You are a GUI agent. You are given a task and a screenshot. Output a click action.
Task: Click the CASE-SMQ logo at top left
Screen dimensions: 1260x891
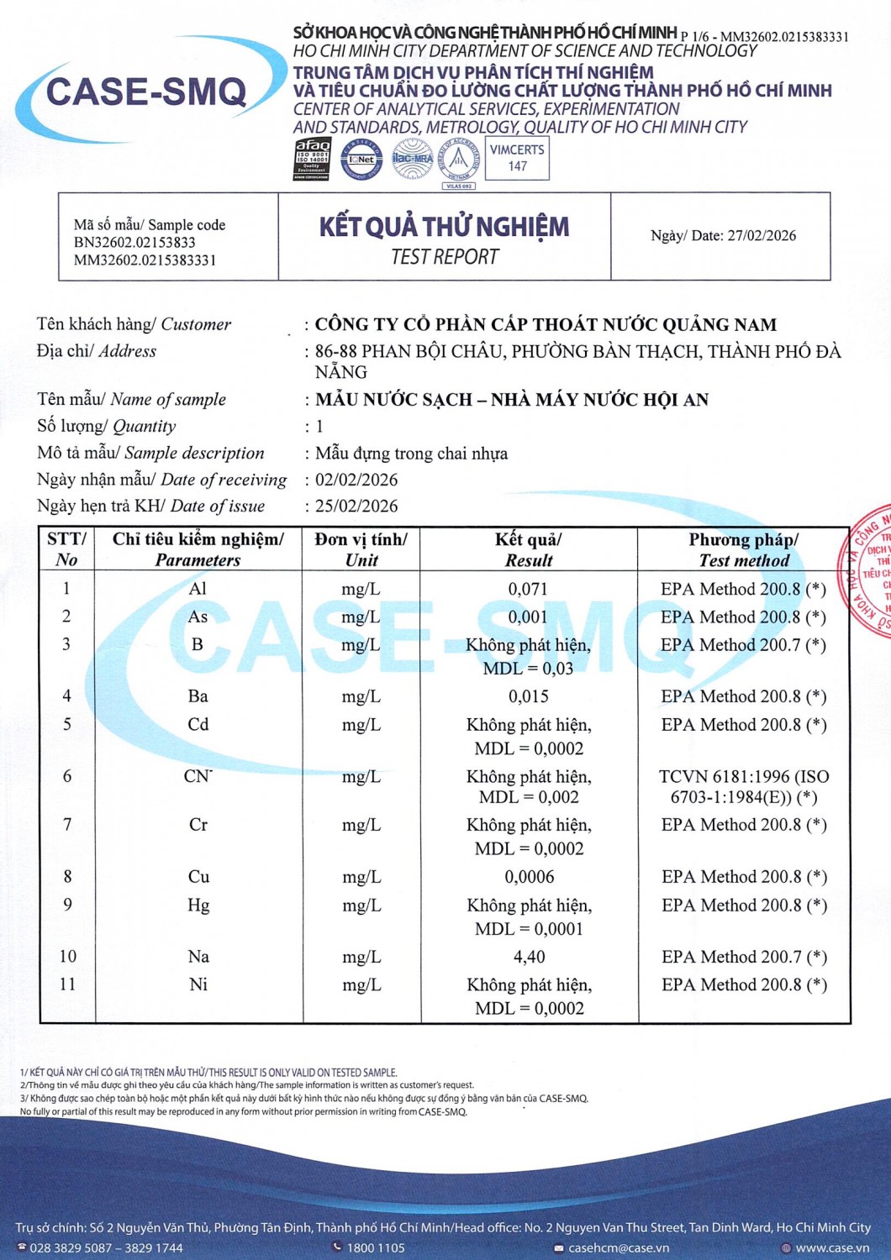click(x=146, y=92)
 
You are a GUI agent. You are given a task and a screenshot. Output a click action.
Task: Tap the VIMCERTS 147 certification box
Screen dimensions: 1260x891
click(x=517, y=158)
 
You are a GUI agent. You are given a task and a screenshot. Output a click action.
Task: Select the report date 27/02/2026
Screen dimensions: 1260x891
click(x=762, y=235)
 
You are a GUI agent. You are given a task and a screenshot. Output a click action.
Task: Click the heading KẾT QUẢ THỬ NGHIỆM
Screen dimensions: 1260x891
click(x=444, y=227)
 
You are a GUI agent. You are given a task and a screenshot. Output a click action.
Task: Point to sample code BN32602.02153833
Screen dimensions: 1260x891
click(x=134, y=243)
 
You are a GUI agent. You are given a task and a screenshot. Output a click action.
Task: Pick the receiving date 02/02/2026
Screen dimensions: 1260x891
click(x=356, y=480)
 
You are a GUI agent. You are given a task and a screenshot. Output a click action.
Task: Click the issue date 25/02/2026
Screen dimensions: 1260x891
click(x=356, y=506)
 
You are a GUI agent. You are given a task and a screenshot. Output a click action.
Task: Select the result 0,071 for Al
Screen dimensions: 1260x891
click(x=528, y=590)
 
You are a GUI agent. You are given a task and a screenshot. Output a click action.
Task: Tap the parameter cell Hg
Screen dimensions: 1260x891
click(x=198, y=905)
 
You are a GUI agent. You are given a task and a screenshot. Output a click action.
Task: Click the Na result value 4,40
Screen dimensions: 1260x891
click(x=529, y=957)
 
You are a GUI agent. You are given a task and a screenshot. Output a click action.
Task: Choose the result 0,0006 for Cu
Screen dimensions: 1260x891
click(x=529, y=877)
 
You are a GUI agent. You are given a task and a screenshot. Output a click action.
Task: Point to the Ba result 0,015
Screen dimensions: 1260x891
click(x=528, y=696)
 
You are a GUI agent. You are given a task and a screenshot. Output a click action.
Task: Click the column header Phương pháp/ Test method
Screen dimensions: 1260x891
click(x=744, y=549)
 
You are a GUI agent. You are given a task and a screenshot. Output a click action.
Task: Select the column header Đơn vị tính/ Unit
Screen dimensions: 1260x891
click(x=361, y=549)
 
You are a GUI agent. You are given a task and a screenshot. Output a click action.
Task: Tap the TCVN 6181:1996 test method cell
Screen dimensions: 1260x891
click(x=744, y=786)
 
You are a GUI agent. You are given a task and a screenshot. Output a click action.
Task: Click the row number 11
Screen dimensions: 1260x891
click(x=67, y=984)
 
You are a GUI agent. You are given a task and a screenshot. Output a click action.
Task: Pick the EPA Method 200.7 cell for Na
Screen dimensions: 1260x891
click(x=744, y=957)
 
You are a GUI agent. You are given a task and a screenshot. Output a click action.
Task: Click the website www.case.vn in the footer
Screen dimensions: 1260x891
click(x=832, y=1247)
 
